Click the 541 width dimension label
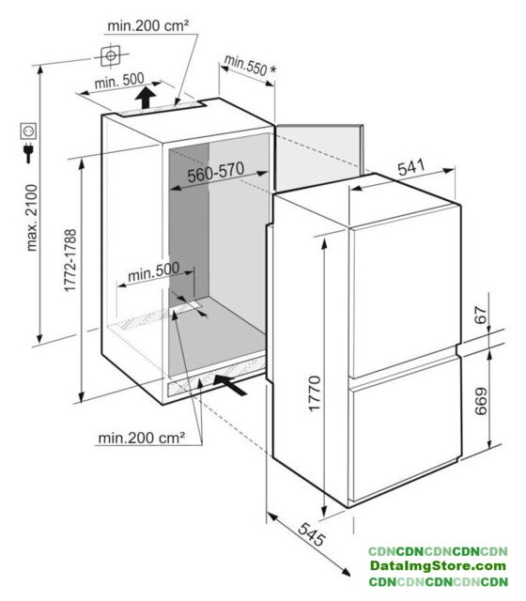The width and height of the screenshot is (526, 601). click(410, 167)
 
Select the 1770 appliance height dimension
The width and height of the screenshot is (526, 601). click(315, 393)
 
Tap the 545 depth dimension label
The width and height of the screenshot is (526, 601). click(312, 534)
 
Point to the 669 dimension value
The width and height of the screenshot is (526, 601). click(481, 401)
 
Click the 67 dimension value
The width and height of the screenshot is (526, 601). click(481, 316)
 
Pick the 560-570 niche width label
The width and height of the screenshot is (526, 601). click(216, 172)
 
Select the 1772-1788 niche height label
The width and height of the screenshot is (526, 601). click(70, 260)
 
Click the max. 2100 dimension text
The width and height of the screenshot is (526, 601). click(32, 217)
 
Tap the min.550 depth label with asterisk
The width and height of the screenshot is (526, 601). click(250, 66)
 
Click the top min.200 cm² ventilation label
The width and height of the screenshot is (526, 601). click(148, 25)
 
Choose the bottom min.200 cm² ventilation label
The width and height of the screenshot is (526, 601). click(142, 438)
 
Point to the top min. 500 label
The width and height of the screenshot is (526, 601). click(119, 81)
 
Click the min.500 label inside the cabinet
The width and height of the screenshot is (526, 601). click(153, 271)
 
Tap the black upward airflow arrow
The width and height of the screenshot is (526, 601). click(146, 98)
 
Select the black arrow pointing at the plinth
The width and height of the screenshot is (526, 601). click(229, 385)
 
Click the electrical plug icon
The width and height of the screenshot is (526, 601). click(28, 152)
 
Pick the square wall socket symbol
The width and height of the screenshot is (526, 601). click(28, 131)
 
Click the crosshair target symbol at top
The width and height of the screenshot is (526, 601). click(111, 56)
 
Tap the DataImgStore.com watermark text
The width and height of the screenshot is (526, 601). click(438, 565)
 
